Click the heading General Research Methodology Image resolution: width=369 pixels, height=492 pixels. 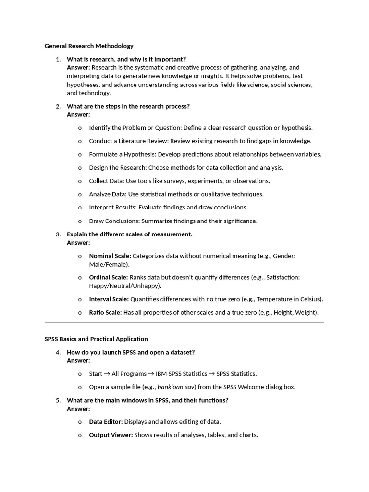[89, 46]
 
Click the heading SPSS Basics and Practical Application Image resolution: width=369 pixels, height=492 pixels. [96, 339]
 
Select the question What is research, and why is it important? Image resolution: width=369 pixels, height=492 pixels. [126, 59]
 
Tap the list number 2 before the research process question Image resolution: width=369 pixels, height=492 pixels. [58, 106]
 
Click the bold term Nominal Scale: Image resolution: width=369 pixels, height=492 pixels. [110, 256]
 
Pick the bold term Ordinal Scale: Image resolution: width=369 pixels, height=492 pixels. [108, 278]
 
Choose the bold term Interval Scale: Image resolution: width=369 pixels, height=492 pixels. [109, 299]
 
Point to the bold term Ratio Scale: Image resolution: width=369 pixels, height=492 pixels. [105, 313]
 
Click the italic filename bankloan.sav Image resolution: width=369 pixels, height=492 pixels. [175, 387]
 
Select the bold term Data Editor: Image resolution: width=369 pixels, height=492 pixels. [106, 422]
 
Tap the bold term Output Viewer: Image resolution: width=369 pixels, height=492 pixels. [111, 435]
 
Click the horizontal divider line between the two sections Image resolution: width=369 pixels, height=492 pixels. [184, 323]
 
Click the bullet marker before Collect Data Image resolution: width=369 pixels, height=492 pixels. [80, 181]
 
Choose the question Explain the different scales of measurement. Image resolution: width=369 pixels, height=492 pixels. [129, 234]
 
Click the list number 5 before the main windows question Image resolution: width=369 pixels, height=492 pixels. [58, 400]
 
